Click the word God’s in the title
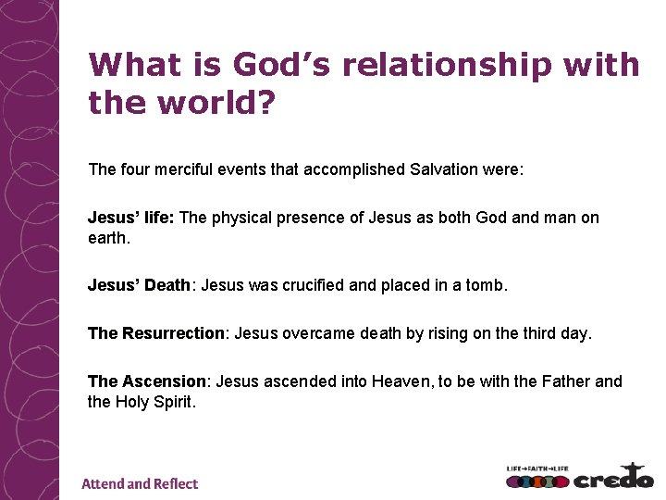(277, 65)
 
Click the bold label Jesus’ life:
(131, 218)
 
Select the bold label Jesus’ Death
(139, 286)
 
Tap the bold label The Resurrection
(156, 333)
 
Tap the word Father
(564, 381)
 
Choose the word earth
(109, 238)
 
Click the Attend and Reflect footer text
(140, 483)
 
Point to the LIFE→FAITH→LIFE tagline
(537, 469)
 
